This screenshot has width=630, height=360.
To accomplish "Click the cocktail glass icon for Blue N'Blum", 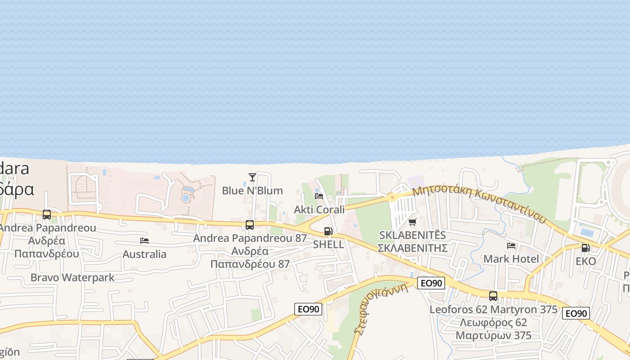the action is click(x=252, y=177).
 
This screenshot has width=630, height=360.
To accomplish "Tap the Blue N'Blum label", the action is click(x=252, y=190).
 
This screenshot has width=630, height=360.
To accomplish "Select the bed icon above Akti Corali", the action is click(x=319, y=196).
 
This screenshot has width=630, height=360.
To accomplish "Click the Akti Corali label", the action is click(x=319, y=209).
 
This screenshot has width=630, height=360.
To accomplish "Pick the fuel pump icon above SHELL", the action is click(x=328, y=231).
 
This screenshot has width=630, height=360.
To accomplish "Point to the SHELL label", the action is click(x=328, y=244).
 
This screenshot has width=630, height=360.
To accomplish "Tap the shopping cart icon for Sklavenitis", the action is click(x=412, y=222).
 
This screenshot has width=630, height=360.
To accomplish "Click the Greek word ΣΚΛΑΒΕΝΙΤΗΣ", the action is click(x=412, y=248).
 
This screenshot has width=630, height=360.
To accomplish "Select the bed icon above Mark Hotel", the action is click(x=511, y=246).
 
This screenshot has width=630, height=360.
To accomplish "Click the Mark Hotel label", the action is click(x=511, y=259).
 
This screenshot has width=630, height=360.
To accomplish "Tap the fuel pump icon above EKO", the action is click(x=585, y=247).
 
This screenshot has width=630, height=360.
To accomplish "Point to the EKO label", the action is click(x=585, y=261).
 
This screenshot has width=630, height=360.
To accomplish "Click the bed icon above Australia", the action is click(x=144, y=241).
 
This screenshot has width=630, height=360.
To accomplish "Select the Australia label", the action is click(x=144, y=254).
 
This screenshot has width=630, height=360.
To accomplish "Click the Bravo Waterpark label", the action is click(x=72, y=278).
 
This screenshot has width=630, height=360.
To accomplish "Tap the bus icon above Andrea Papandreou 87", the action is click(x=250, y=225).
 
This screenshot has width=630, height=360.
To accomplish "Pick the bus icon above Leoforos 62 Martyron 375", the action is click(x=493, y=296).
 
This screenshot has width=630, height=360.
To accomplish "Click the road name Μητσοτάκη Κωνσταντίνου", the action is click(x=479, y=203).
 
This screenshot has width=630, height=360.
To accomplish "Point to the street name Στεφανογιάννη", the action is click(x=381, y=308).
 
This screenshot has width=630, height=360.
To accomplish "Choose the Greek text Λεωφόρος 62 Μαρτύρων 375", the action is click(x=493, y=329).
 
